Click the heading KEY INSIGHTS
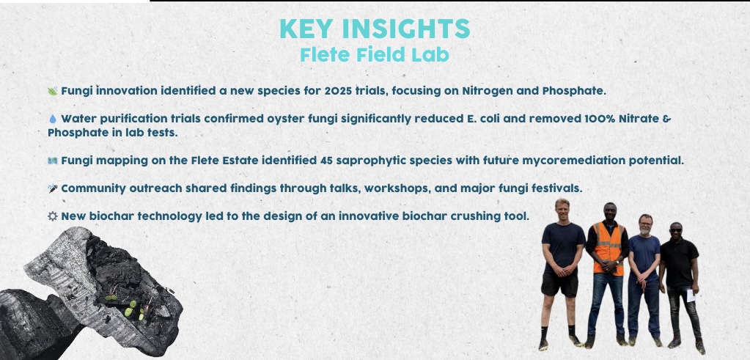pyautogui.click(x=375, y=29)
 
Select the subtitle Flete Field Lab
pyautogui.click(x=375, y=54)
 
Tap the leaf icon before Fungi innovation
pyautogui.click(x=52, y=91)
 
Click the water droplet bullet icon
pyautogui.click(x=52, y=118)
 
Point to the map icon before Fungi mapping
pyautogui.click(x=52, y=160)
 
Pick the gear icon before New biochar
pyautogui.click(x=52, y=216)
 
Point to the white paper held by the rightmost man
pyautogui.click(x=690, y=295)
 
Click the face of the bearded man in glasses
pyautogui.click(x=645, y=223)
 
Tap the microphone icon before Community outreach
pyautogui.click(x=52, y=188)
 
